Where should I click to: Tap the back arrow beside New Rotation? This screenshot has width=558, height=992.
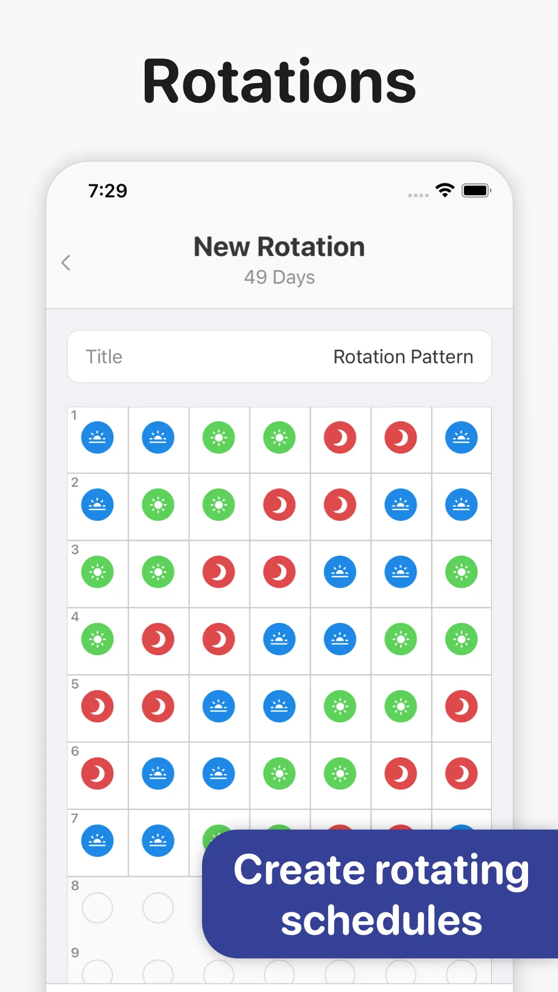pos(66,262)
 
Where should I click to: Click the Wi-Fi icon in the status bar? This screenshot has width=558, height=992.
pos(445,190)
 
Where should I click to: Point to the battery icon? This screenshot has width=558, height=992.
pos(476,191)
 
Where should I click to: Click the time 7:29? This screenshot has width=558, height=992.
pos(107,191)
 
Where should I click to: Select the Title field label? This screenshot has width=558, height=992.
pos(104,357)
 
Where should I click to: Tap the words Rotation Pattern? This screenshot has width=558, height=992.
pos(403,357)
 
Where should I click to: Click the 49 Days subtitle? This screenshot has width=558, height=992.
pos(280,277)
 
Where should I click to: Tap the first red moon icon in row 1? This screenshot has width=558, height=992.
pos(340,438)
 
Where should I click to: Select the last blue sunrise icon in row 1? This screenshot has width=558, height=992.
pos(461,438)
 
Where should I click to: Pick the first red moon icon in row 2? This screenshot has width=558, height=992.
pos(280,505)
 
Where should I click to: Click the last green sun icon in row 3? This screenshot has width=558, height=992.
pos(461,572)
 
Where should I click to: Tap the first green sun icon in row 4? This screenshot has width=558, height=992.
pos(97,639)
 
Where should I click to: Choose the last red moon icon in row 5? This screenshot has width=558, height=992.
pos(461,706)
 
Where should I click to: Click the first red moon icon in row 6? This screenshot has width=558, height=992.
pos(97,773)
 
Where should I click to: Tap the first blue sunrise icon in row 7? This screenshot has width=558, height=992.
pos(97,841)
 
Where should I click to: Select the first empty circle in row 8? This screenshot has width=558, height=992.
pos(97,908)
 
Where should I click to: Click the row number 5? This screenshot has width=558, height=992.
pos(75,684)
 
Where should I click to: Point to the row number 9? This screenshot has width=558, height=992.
pos(75,953)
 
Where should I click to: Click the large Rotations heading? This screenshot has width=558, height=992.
pos(279,81)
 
